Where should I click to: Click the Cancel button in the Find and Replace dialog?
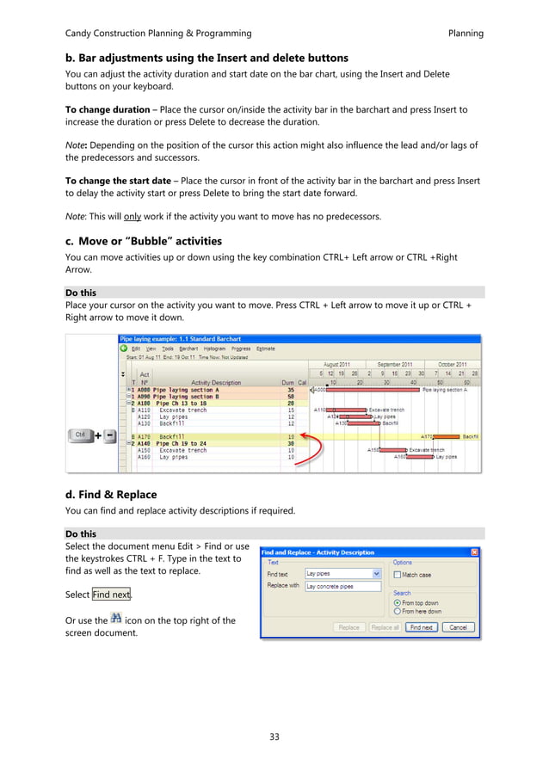click(458, 627)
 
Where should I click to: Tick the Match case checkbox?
click(397, 575)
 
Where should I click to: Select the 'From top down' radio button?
click(397, 603)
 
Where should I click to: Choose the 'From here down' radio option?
click(397, 612)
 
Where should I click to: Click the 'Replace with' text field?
click(342, 586)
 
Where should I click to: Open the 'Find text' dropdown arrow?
click(376, 574)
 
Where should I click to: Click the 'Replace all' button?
click(385, 627)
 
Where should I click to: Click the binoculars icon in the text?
click(116, 619)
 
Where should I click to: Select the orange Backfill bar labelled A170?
click(447, 437)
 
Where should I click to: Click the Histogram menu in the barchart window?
click(214, 348)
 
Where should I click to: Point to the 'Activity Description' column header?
click(216, 382)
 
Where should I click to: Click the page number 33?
click(274, 737)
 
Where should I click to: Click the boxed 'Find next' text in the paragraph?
click(112, 595)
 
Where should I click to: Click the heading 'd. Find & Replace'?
click(110, 495)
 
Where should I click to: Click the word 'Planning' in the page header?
click(466, 34)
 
